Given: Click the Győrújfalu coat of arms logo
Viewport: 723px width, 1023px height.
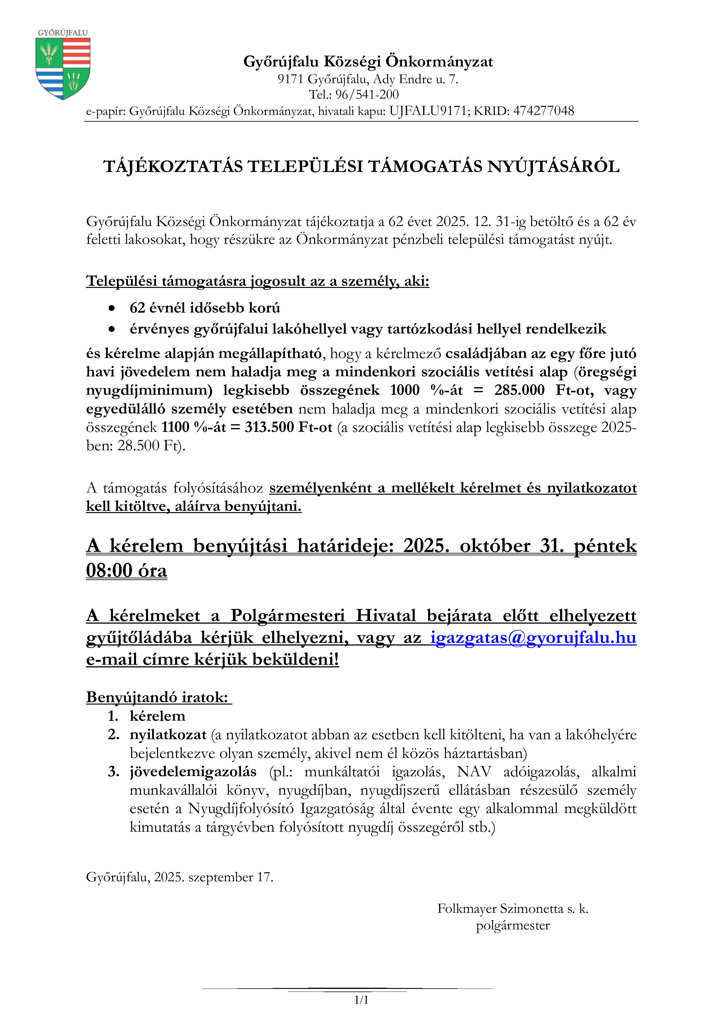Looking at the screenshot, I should pos(63,67).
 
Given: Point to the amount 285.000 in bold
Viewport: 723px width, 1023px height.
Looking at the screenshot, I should pos(519,390).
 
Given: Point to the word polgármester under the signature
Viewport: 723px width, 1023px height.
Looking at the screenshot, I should pos(512,925).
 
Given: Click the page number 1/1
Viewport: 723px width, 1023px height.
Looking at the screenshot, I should pos(361,1000).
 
